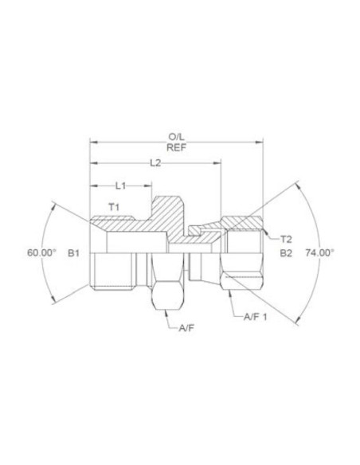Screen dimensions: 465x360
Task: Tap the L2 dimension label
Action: pyautogui.click(x=156, y=163)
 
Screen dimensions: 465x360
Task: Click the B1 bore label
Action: pyautogui.click(x=74, y=252)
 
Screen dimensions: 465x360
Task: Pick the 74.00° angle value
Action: pyautogui.click(x=320, y=252)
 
